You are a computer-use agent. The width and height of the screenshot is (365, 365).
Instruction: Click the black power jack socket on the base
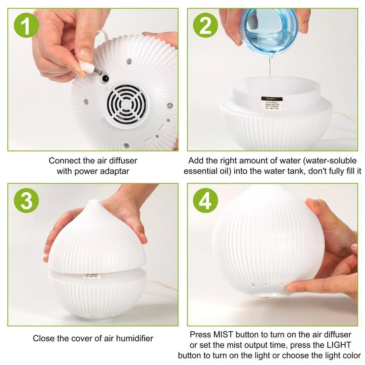click(x=105, y=78)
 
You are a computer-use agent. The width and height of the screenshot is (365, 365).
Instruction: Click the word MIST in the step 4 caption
click(x=223, y=334)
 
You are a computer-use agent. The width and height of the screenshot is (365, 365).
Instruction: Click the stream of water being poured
click(x=270, y=73)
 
